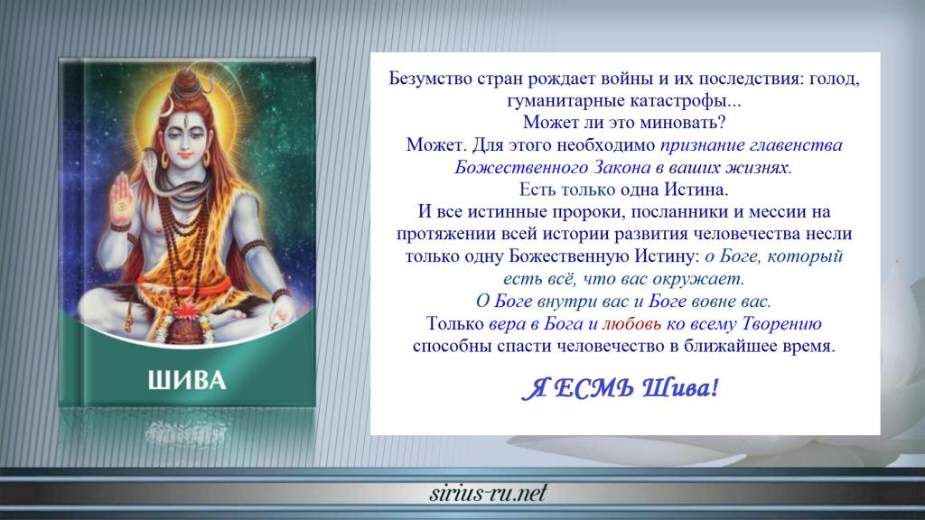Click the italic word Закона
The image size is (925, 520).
[x=621, y=167]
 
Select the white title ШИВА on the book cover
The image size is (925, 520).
[x=187, y=381]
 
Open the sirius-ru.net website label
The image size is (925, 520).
[x=489, y=493]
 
